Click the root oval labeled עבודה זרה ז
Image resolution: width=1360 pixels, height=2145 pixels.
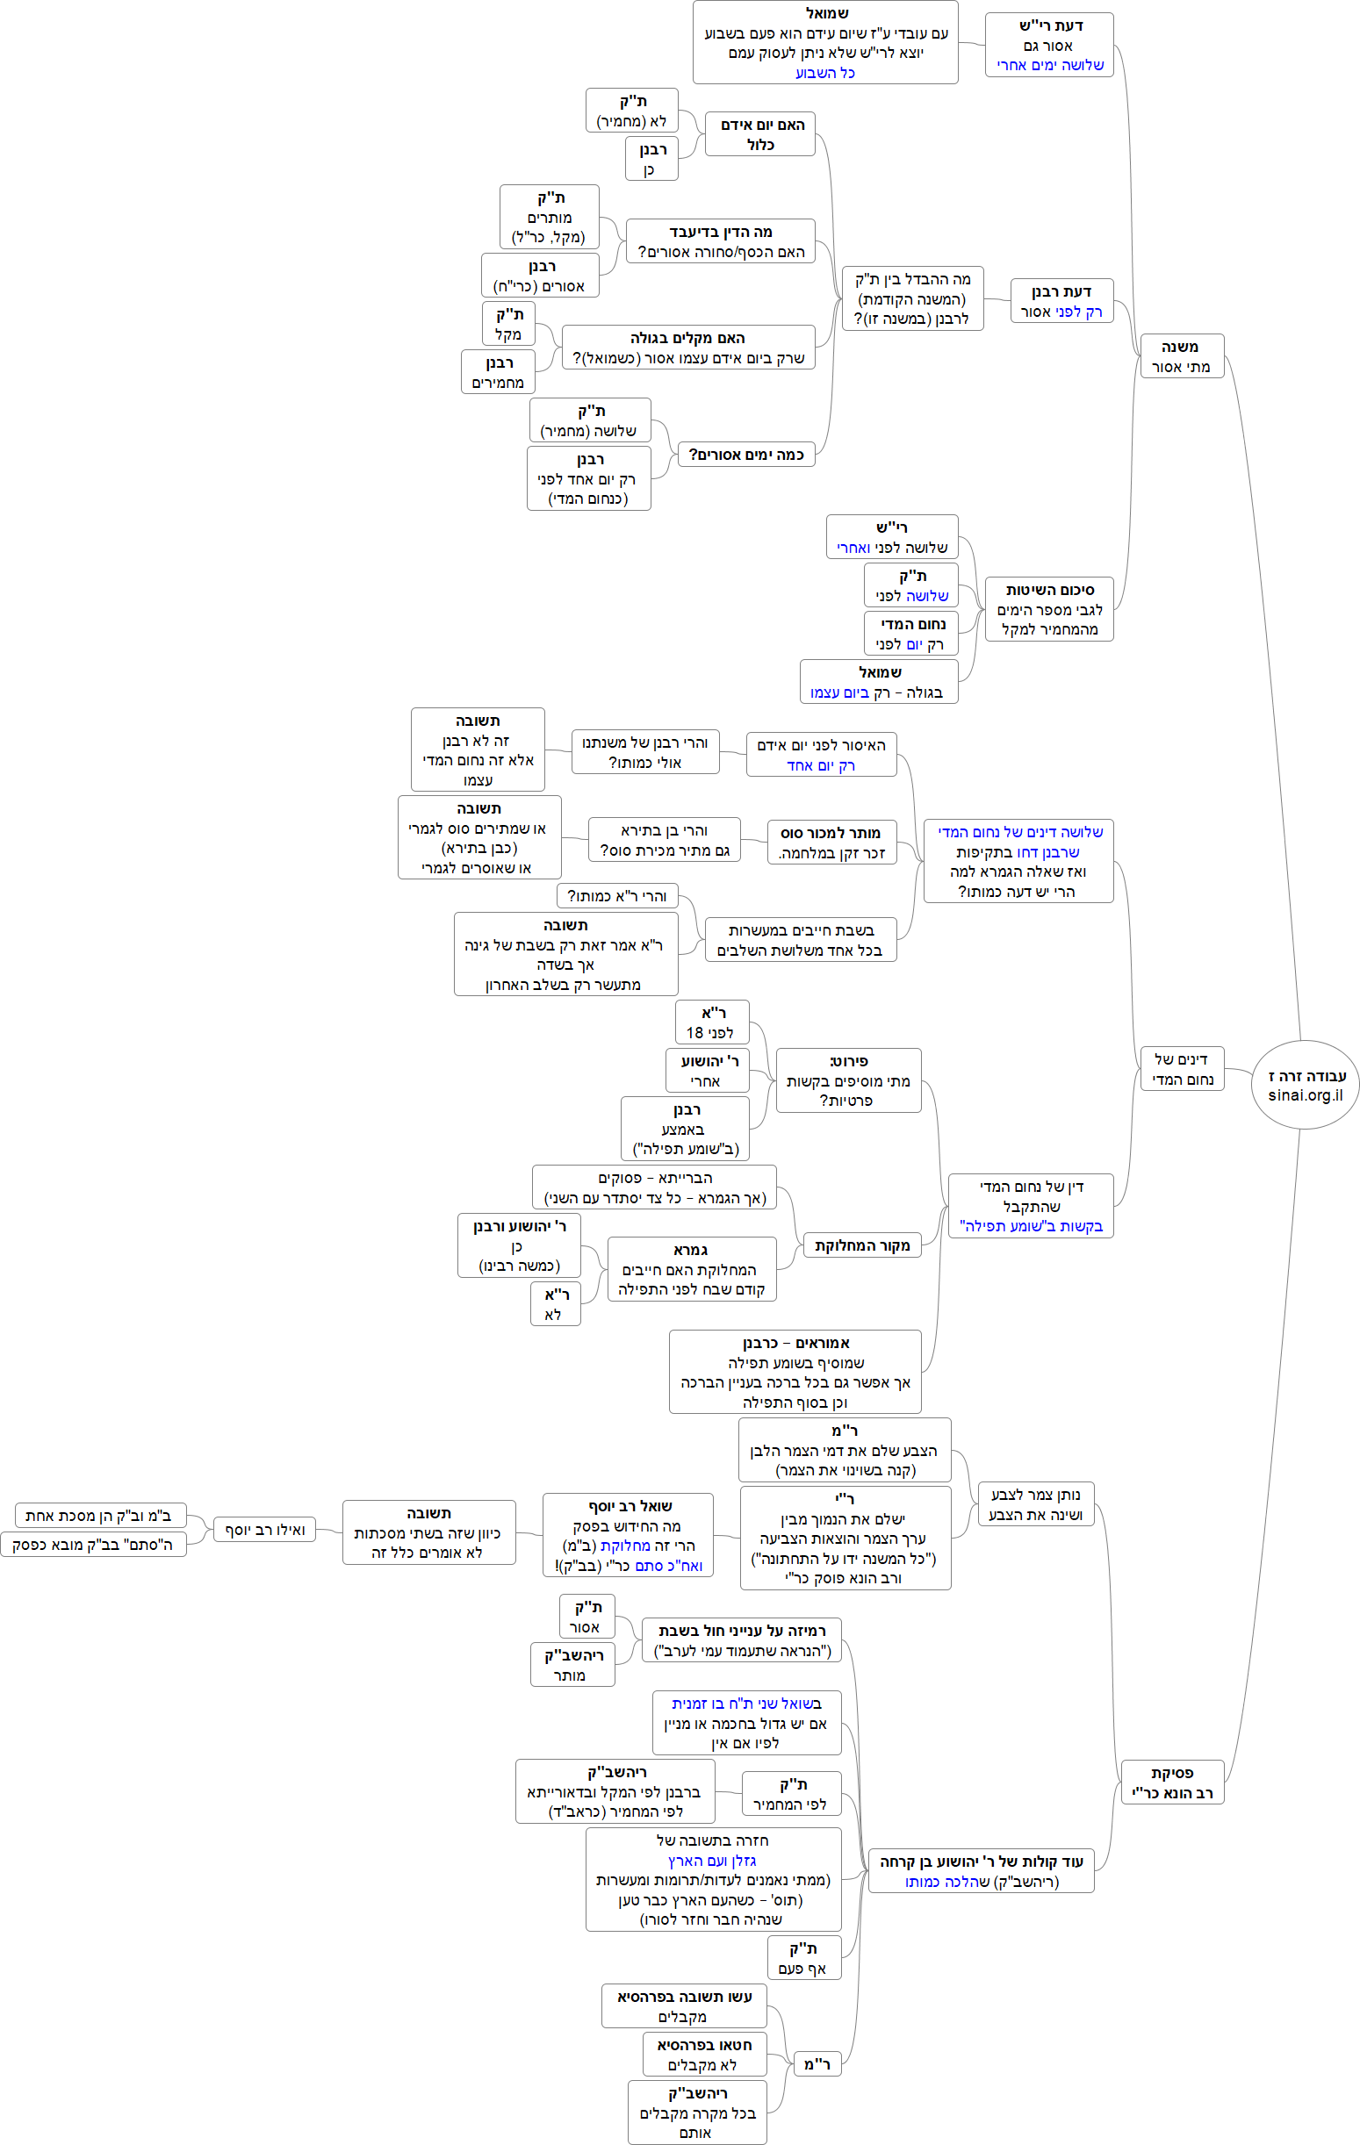pyautogui.click(x=1306, y=1077)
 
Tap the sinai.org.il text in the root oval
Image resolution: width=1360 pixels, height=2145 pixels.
pyautogui.click(x=1306, y=1095)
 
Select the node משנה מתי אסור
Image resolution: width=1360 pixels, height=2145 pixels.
pyautogui.click(x=1182, y=356)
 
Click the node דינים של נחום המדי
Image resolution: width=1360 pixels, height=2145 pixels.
pyautogui.click(x=1182, y=1069)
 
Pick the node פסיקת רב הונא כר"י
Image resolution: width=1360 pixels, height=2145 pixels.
pyautogui.click(x=1172, y=1783)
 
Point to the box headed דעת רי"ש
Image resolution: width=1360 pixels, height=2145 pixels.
pyautogui.click(x=1049, y=46)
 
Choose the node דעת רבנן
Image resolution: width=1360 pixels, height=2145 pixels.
pyautogui.click(x=1061, y=301)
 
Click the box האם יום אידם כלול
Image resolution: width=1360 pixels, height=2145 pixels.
pyautogui.click(x=760, y=134)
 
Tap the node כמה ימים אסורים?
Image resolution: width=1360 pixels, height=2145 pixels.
pyautogui.click(x=746, y=455)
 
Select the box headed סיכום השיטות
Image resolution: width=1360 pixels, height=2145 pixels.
pyautogui.click(x=1049, y=609)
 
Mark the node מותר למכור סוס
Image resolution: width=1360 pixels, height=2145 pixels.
pyautogui.click(x=831, y=843)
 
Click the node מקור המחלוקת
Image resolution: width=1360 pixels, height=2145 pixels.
pyautogui.click(x=862, y=1245)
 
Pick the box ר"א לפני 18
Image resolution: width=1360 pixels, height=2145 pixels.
pyautogui.click(x=712, y=1022)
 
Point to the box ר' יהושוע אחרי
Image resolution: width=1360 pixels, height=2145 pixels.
pyautogui.click(x=708, y=1071)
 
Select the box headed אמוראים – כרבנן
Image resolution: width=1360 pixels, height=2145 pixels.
pyautogui.click(x=795, y=1372)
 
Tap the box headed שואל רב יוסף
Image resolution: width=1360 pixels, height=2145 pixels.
pyautogui.click(x=629, y=1535)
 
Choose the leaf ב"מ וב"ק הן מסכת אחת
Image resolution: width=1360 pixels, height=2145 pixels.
pyautogui.click(x=100, y=1515)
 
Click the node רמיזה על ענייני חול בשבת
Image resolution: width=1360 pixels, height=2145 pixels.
pyautogui.click(x=742, y=1640)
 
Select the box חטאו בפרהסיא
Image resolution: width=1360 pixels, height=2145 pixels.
pyautogui.click(x=703, y=2054)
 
